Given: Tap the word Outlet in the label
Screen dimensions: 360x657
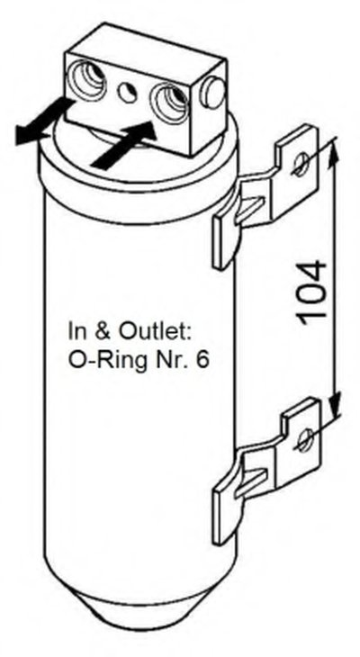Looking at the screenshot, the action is pos(155,332).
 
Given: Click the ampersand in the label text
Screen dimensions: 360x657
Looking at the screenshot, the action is pos(101,332).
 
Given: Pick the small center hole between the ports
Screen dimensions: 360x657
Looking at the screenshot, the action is pos(128,91).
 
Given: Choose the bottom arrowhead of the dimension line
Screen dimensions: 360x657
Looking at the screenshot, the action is pos(334,401).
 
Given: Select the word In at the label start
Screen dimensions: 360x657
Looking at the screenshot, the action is pos(77,332).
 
